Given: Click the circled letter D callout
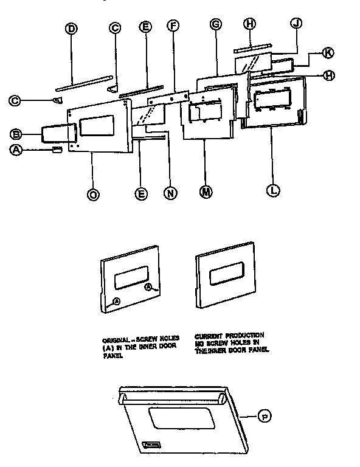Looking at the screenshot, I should pyautogui.click(x=71, y=28).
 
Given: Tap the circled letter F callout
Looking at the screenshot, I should pyautogui.click(x=173, y=26).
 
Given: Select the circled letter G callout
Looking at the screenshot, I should pyautogui.click(x=215, y=24).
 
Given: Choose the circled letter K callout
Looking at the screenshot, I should pyautogui.click(x=327, y=53).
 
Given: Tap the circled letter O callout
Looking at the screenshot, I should pyautogui.click(x=92, y=195).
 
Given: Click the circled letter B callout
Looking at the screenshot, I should pyautogui.click(x=17, y=134).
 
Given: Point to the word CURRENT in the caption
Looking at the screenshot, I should pyautogui.click(x=209, y=335).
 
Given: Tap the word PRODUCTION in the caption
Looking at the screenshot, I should pyautogui.click(x=244, y=335).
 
